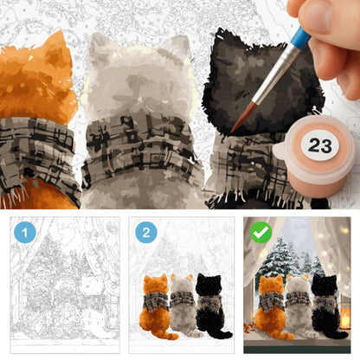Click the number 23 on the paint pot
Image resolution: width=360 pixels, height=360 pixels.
coord(319,145)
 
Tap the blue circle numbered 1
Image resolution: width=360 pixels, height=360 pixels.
coord(25,233)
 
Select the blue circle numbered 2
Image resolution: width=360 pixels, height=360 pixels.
coord(146,233)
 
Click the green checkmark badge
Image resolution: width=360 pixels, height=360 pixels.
coord(260,233)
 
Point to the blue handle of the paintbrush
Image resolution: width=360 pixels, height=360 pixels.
coord(300,37)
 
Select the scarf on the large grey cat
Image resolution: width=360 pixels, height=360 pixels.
coord(141,150)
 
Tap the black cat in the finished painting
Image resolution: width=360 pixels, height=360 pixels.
coord(327,306)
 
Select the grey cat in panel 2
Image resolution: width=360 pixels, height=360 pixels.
coord(183,306)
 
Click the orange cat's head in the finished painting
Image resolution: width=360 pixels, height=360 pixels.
coord(271,284)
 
